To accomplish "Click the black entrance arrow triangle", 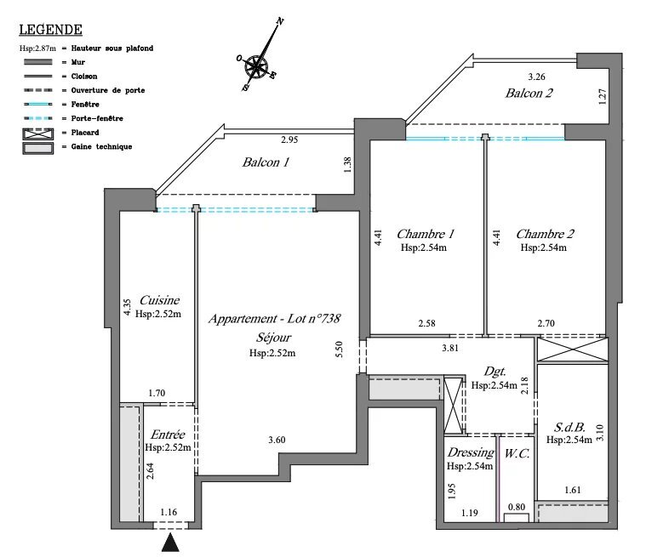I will click(172, 541).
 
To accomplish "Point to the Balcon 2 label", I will click(529, 94).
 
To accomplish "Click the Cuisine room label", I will click(158, 300).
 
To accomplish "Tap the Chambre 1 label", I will click(426, 234).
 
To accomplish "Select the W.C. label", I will click(517, 454).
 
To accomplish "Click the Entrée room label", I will click(167, 435).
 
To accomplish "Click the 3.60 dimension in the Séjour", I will click(277, 440).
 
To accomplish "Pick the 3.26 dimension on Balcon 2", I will click(536, 77).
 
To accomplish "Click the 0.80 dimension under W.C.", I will click(516, 508).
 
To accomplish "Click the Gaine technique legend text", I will click(103, 146).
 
